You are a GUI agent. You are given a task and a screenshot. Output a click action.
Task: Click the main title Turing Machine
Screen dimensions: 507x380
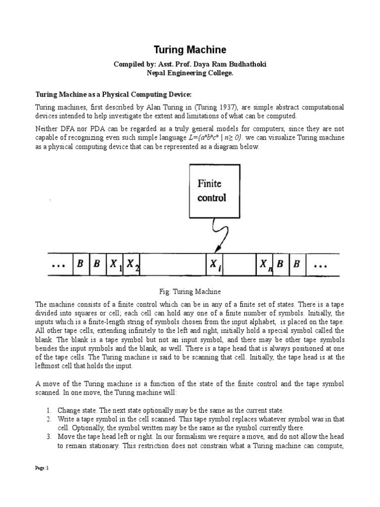pos(190,50)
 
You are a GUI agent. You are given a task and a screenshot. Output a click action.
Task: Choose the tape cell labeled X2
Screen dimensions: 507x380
pos(132,264)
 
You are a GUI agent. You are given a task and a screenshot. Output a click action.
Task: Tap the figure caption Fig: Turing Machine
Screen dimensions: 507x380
pos(190,292)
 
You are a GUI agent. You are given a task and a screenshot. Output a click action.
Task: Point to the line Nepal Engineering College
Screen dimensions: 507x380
pos(190,73)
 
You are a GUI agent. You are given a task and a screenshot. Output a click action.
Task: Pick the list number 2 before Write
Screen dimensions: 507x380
pos(49,419)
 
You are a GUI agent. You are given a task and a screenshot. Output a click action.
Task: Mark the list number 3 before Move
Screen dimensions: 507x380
pos(49,436)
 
